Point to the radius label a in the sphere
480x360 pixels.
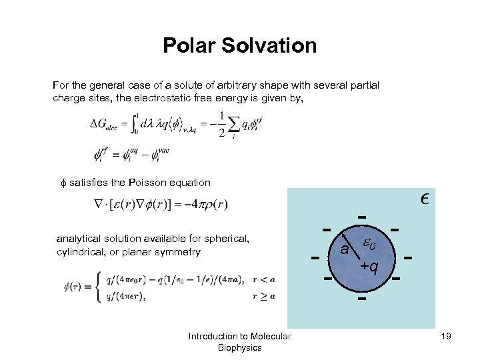(x=344, y=250)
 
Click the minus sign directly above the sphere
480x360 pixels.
(x=361, y=217)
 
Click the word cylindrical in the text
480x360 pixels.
(x=81, y=252)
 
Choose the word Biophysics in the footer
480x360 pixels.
(x=239, y=348)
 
